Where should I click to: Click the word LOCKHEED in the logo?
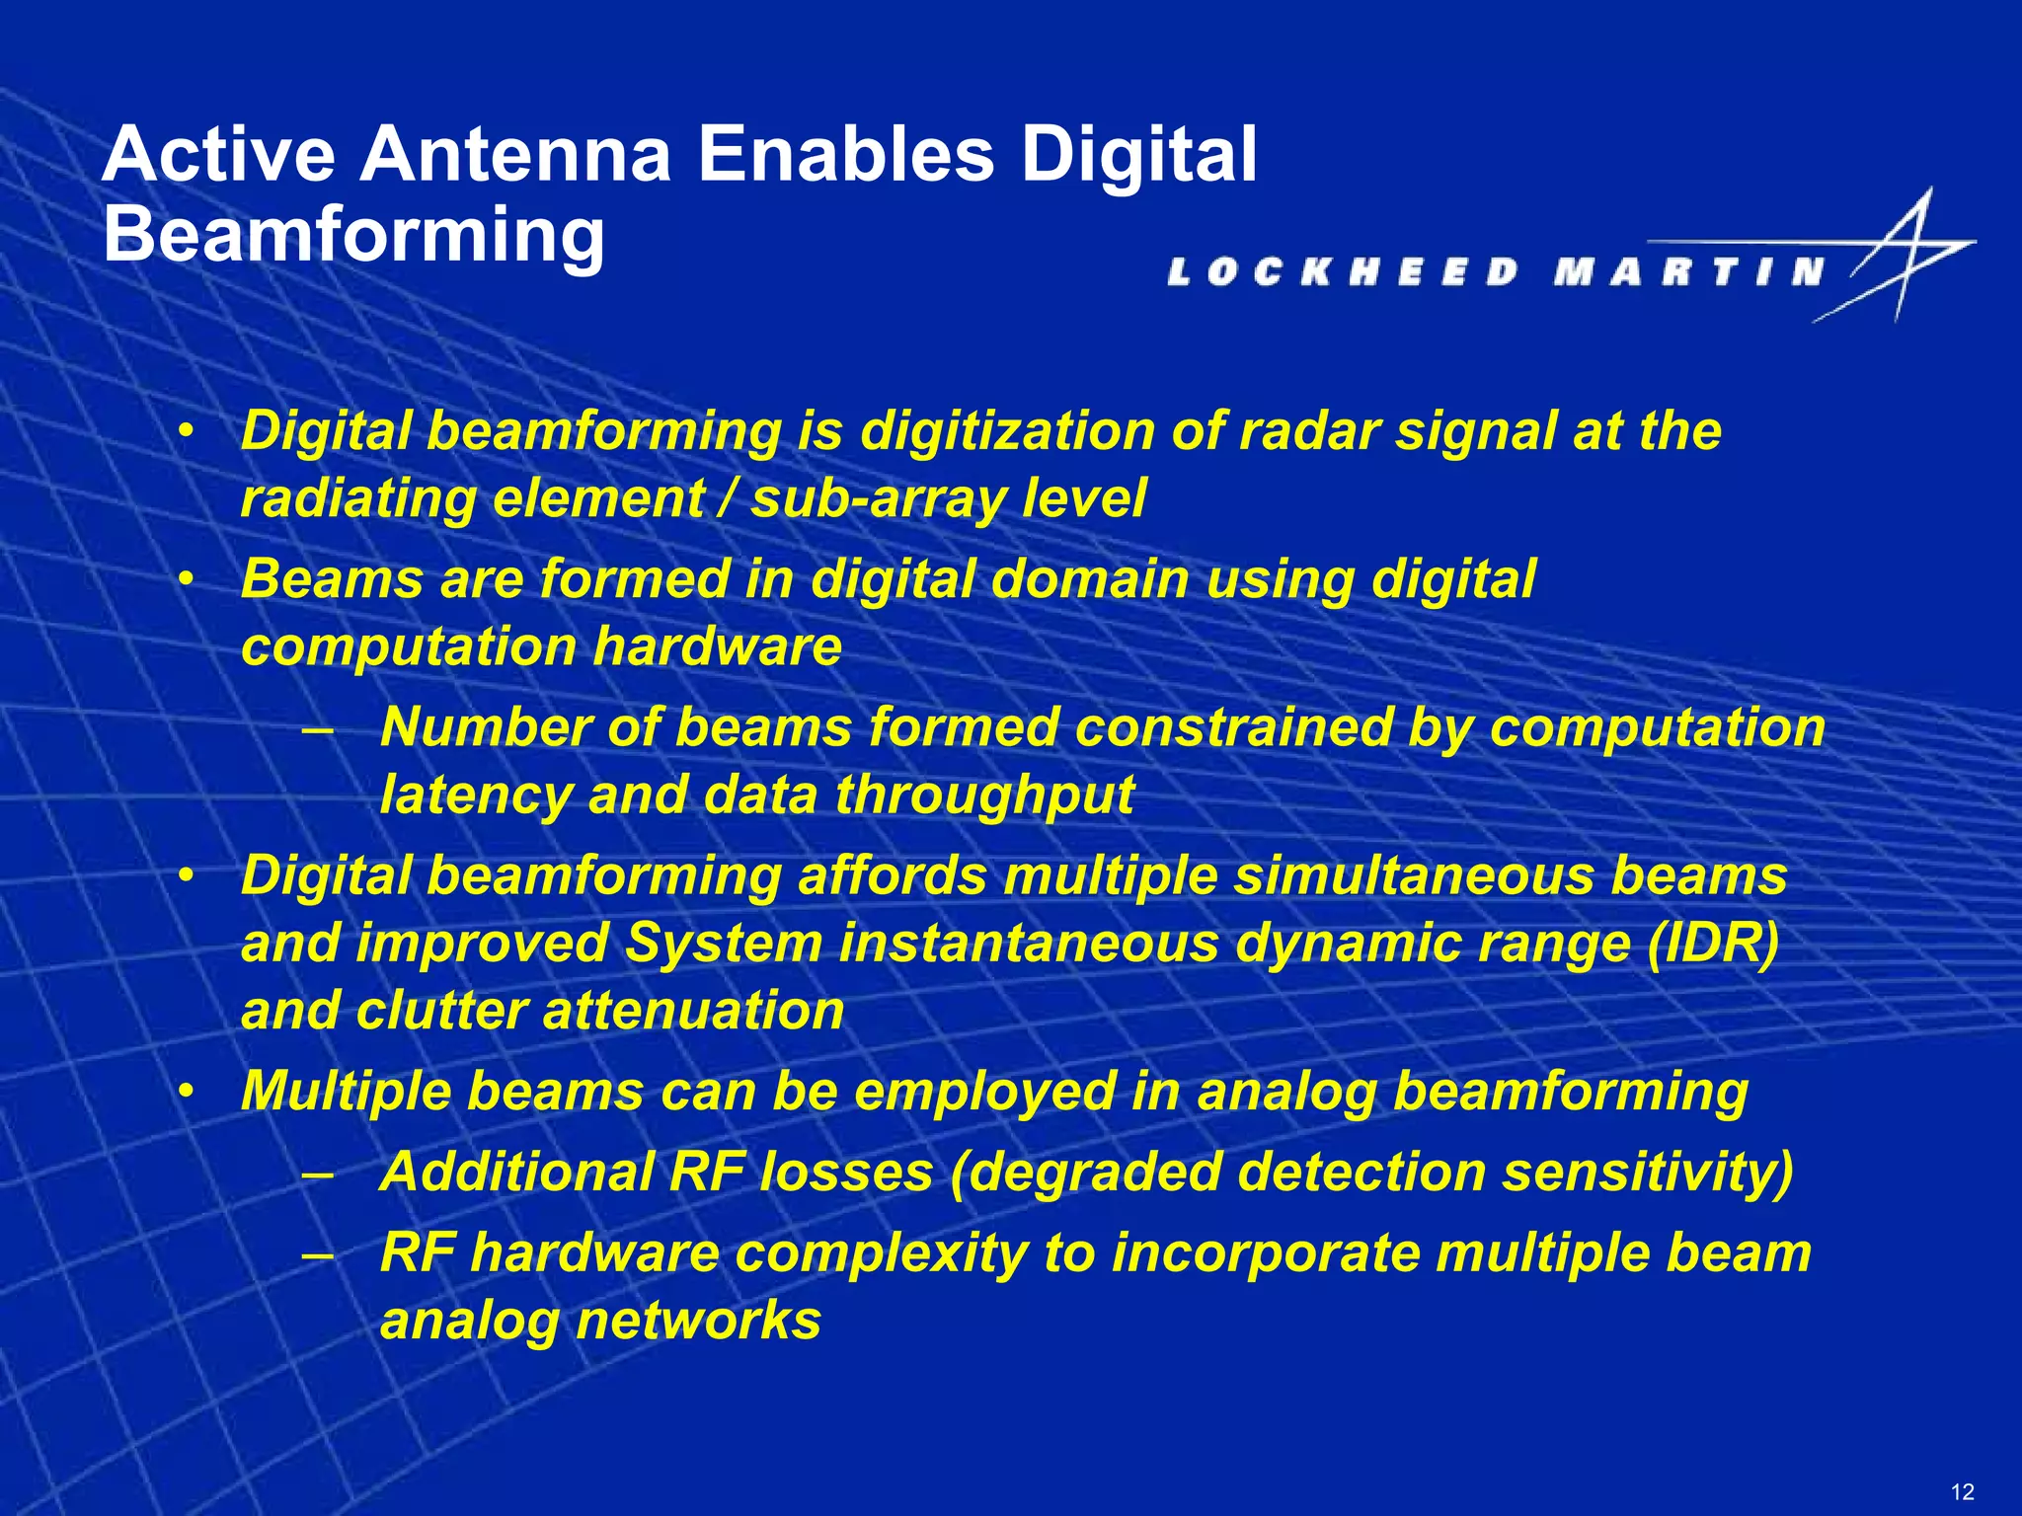[1344, 271]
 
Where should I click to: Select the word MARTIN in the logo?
[1688, 271]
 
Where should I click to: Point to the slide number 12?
[1963, 1491]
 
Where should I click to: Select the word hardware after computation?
[718, 647]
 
